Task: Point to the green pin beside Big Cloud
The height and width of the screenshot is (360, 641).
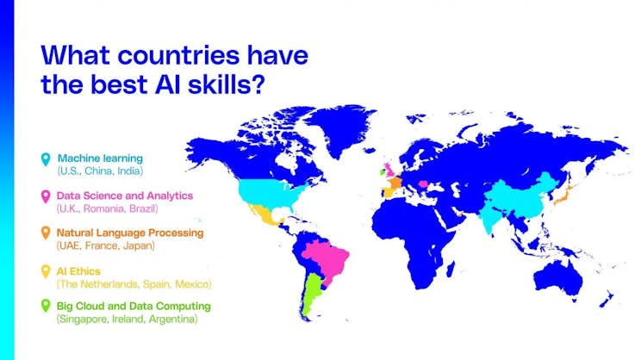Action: tap(47, 307)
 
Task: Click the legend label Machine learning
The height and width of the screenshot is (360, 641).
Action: tap(100, 158)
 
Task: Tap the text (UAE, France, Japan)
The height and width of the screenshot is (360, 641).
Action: tap(106, 245)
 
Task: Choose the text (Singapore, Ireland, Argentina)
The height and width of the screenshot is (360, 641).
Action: tap(127, 319)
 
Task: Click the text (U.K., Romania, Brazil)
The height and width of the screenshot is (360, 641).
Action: tap(108, 208)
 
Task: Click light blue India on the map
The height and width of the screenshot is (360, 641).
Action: tap(496, 215)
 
